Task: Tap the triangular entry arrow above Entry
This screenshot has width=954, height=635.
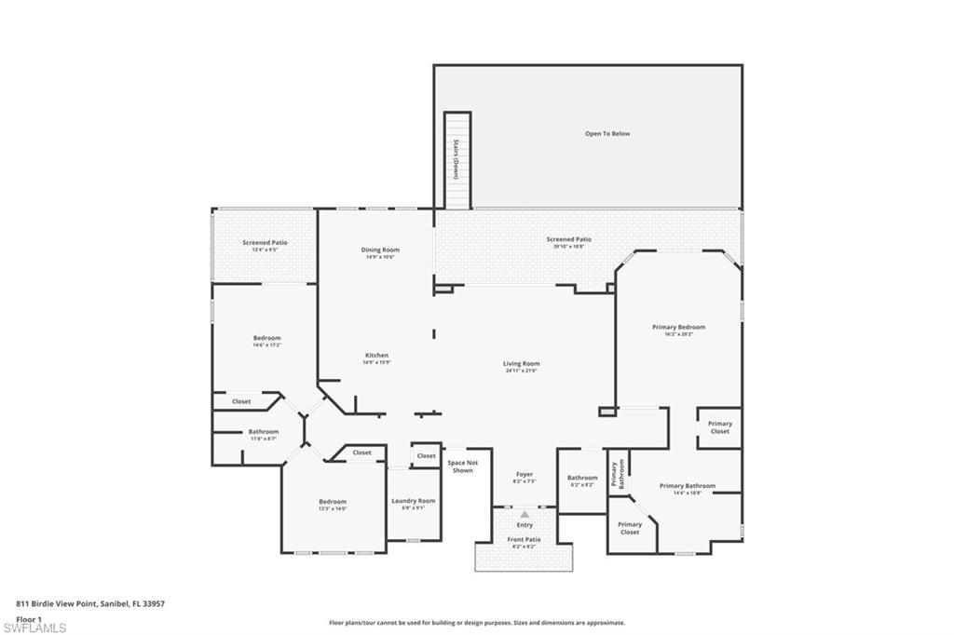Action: coord(525,514)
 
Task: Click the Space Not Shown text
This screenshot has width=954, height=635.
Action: coord(462,466)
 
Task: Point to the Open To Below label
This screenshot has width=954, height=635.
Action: coord(607,133)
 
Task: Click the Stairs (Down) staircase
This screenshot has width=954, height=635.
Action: coord(457,159)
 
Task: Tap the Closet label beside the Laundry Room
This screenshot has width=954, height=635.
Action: coord(426,455)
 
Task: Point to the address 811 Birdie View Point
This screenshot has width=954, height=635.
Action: coord(90,603)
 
